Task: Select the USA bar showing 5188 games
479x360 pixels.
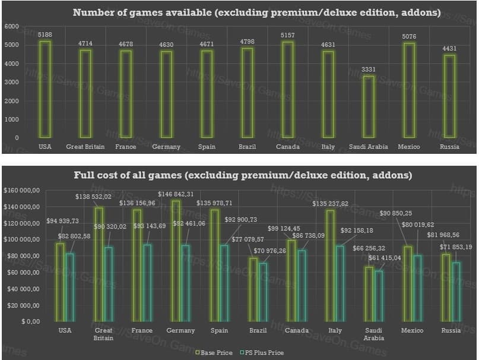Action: (45, 89)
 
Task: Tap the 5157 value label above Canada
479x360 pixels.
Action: (287, 36)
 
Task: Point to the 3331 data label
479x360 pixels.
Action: (369, 70)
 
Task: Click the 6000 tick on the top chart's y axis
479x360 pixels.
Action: (11, 27)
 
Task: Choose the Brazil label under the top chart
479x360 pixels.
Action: (247, 147)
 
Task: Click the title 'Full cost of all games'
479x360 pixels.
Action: (242, 175)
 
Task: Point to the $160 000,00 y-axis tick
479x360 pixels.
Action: (21, 190)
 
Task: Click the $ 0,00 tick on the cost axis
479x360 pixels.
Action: (30, 321)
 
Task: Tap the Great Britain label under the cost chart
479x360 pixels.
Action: (103, 334)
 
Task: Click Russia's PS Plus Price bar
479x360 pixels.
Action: (456, 291)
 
